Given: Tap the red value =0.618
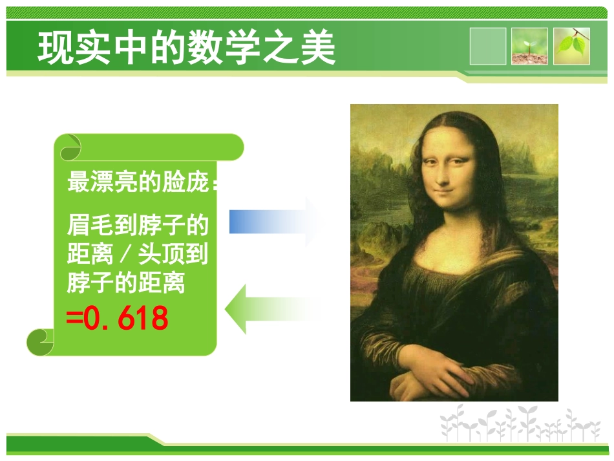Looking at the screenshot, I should [x=118, y=318].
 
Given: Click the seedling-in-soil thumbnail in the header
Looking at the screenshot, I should [x=529, y=46].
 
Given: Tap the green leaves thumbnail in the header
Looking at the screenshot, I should [x=571, y=46].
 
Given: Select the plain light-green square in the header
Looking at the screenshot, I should [x=488, y=46].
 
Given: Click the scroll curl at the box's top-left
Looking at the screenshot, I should [x=70, y=147].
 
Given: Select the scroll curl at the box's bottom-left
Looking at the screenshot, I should [x=40, y=341].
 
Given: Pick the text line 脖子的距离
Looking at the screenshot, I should [x=126, y=283].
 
